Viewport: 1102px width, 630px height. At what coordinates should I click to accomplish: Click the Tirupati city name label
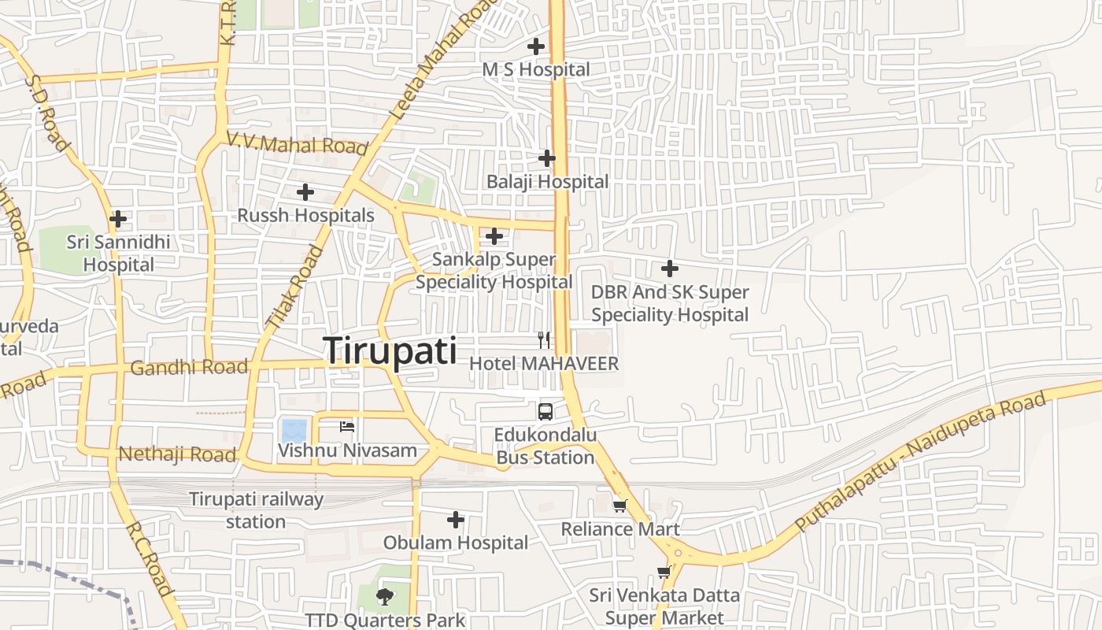[x=390, y=350]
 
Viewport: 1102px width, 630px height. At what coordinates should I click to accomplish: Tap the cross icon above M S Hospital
[x=536, y=46]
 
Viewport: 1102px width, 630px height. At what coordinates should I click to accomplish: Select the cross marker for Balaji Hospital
[x=547, y=158]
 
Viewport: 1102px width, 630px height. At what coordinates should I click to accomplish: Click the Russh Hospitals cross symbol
[x=305, y=192]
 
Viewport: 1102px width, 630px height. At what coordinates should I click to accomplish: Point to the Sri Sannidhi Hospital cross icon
[x=118, y=218]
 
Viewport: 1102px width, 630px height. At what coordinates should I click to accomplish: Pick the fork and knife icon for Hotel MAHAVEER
[x=544, y=340]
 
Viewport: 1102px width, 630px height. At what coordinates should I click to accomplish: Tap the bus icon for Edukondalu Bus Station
[x=545, y=411]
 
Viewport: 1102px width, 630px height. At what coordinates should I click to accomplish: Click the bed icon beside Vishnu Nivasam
[x=347, y=427]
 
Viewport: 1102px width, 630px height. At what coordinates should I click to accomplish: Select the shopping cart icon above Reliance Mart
[x=620, y=506]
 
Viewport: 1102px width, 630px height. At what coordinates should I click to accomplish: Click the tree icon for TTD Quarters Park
[x=385, y=596]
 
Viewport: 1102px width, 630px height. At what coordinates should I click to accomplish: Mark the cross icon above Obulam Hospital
[x=456, y=520]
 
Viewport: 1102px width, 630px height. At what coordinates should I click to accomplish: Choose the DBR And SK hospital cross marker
[x=670, y=269]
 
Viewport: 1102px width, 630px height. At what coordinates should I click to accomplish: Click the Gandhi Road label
[x=189, y=367]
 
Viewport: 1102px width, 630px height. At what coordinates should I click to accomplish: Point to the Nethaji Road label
[x=177, y=454]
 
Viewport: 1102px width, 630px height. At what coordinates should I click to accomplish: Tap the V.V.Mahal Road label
[x=297, y=144]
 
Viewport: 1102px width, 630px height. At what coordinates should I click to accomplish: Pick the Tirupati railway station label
[x=256, y=510]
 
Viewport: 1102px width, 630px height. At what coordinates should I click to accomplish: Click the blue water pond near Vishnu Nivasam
[x=294, y=431]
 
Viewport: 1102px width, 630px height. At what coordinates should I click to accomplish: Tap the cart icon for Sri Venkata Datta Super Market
[x=664, y=573]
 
